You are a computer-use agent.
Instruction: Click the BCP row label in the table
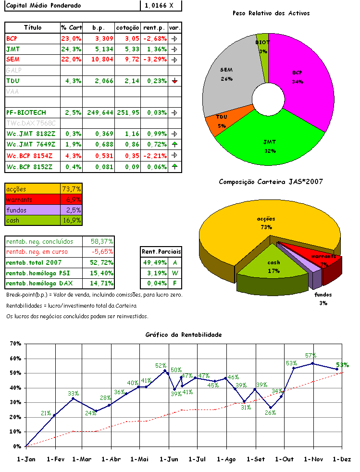click(x=12, y=37)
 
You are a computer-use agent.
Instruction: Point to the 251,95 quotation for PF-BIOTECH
click(x=128, y=112)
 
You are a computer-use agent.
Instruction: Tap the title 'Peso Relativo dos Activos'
click(x=271, y=13)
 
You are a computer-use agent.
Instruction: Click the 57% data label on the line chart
click(x=310, y=356)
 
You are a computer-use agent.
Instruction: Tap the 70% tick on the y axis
click(x=15, y=344)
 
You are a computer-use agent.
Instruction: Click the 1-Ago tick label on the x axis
click(x=226, y=459)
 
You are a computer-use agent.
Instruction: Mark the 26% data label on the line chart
click(x=270, y=412)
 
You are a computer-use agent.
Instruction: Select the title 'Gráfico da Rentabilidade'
click(x=183, y=334)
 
